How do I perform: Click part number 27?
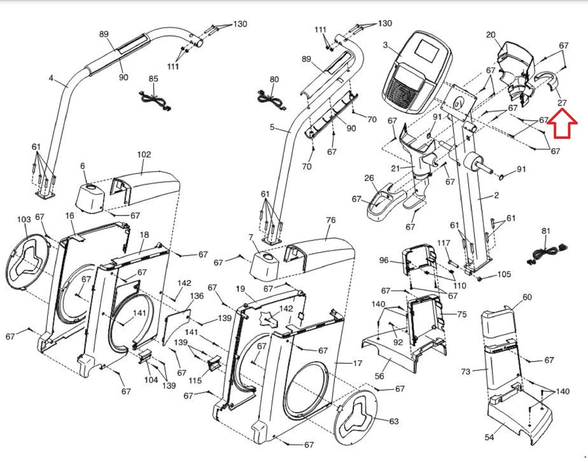point(562,103)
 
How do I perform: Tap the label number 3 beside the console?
point(385,45)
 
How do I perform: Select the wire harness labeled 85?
point(155,101)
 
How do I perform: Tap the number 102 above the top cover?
point(144,154)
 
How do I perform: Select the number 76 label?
point(331,220)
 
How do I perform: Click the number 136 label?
point(197,296)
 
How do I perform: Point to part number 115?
point(195,380)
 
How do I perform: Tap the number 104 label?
point(151,380)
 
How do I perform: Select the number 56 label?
point(379,376)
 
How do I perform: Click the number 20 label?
point(491,35)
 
